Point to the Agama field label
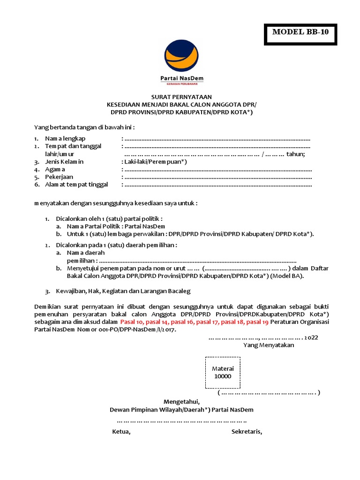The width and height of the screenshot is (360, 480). pyautogui.click(x=55, y=169)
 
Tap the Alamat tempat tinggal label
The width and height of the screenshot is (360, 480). pyautogui.click(x=76, y=185)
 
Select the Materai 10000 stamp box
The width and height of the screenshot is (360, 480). pyautogui.click(x=223, y=373)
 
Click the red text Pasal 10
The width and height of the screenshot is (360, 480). pyautogui.click(x=134, y=322)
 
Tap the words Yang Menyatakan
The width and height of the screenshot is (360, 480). pyautogui.click(x=268, y=345)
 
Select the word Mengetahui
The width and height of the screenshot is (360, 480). pyautogui.click(x=181, y=402)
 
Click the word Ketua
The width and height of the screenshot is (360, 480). pyautogui.click(x=121, y=432)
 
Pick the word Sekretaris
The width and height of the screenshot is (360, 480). pyautogui.click(x=247, y=432)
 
